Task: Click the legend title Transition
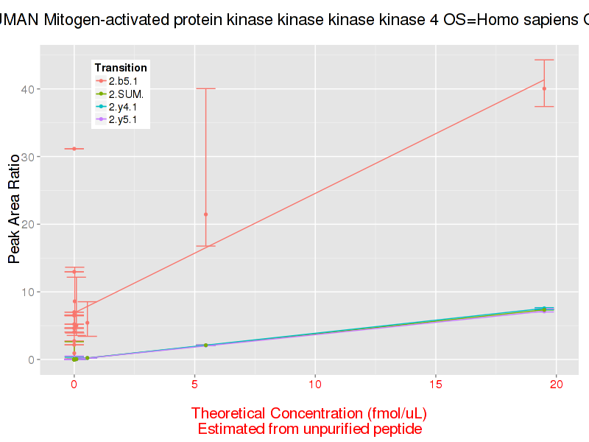pos(121,68)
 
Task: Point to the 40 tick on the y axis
pos(28,89)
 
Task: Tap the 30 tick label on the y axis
pos(28,157)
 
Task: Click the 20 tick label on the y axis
pos(28,224)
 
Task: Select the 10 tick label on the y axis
pos(28,292)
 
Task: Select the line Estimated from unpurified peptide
pos(309,429)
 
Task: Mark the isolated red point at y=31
pos(74,149)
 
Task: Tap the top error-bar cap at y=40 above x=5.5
pos(206,88)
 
